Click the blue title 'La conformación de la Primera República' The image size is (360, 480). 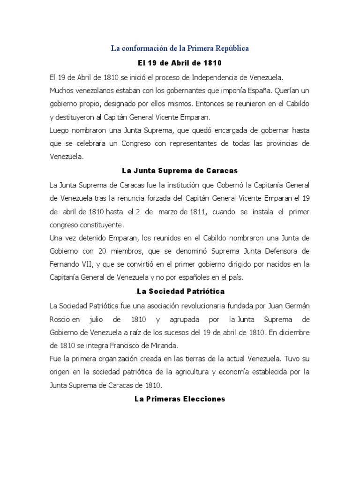coord(180,48)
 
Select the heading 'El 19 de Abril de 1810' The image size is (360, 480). coord(180,62)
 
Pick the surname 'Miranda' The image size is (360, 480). coord(164,346)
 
